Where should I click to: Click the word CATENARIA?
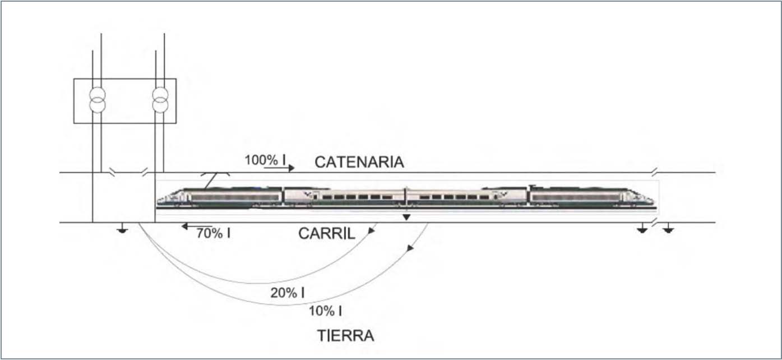[x=359, y=162]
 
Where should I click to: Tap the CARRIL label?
[x=327, y=234]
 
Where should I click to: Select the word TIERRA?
[x=346, y=335]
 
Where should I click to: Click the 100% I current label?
[x=265, y=160]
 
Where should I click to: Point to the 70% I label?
[x=214, y=233]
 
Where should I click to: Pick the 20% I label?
[x=288, y=293]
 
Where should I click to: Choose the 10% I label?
[x=325, y=311]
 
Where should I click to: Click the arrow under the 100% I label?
[x=279, y=168]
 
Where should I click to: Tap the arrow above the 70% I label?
[x=197, y=227]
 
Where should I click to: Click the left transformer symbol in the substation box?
[x=98, y=100]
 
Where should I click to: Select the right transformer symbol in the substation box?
[x=160, y=100]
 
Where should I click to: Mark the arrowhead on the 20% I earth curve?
[x=372, y=230]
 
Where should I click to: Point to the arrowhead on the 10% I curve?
[x=410, y=248]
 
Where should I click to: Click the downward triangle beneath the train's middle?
[x=406, y=218]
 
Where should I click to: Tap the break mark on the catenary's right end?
[x=655, y=172]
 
